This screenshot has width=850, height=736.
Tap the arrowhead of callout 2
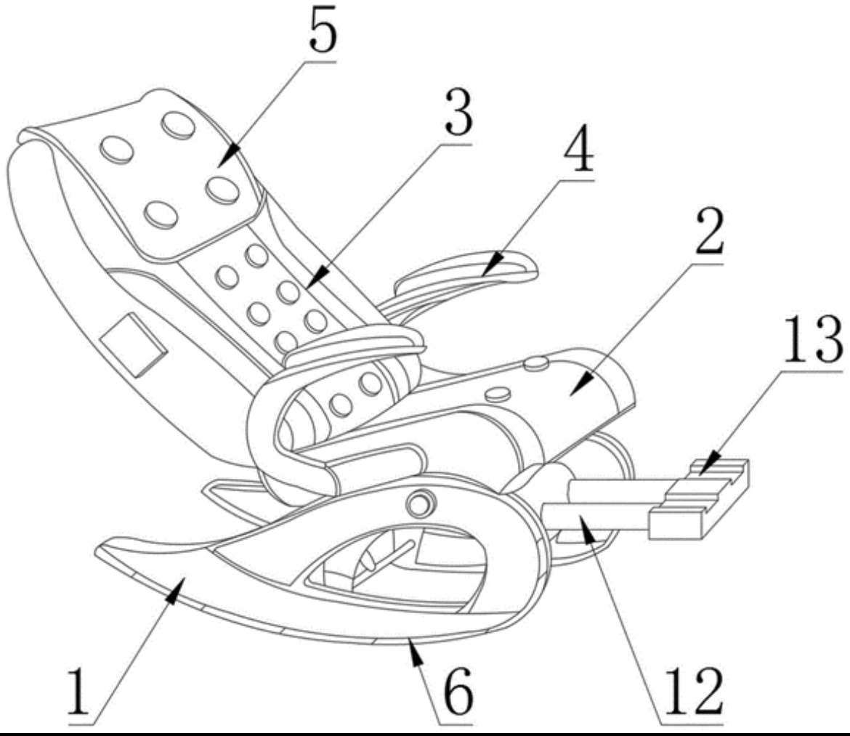click(x=573, y=391)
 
